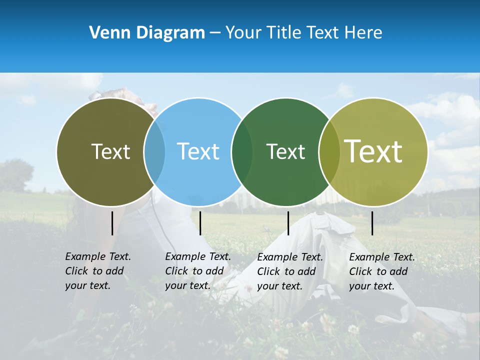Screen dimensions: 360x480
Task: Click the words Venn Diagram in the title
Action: pos(147,33)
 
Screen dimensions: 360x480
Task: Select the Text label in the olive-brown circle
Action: pos(110,151)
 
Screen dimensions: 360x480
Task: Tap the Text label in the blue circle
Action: pos(198,151)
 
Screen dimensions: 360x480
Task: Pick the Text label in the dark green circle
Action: pos(285,151)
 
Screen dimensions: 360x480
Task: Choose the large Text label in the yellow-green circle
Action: pos(373,151)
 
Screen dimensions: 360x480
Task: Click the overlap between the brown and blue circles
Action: pos(154,152)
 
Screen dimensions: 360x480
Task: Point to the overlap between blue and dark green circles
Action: pos(242,152)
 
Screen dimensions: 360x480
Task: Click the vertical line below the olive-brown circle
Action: pos(112,223)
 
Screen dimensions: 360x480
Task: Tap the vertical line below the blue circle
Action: pos(200,223)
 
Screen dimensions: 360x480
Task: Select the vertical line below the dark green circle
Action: pos(288,223)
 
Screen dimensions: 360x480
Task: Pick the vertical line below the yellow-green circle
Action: pos(372,223)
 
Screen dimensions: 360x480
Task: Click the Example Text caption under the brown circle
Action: pos(97,271)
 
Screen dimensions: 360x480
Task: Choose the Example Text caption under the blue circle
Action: pos(197,271)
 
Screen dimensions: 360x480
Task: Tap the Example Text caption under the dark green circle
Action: pos(289,271)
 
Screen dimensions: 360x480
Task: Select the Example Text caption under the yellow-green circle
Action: pos(381,271)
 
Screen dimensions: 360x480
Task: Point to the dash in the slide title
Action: pos(214,33)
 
